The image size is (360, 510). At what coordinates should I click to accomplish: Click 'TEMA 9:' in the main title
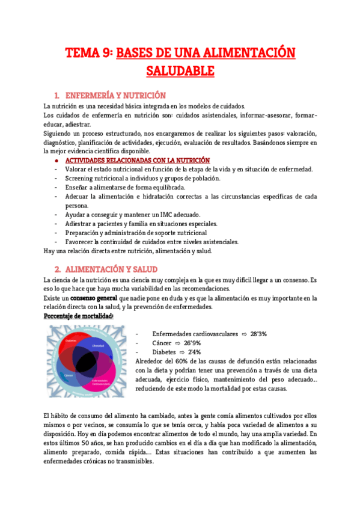(89, 53)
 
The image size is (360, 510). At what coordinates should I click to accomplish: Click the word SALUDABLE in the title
(180, 71)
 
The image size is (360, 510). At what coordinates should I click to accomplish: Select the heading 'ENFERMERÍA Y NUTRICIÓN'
(115, 95)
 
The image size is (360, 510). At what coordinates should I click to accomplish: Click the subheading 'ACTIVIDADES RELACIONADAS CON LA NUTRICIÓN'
(137, 161)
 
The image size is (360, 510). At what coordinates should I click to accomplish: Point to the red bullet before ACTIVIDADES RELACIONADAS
(55, 161)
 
